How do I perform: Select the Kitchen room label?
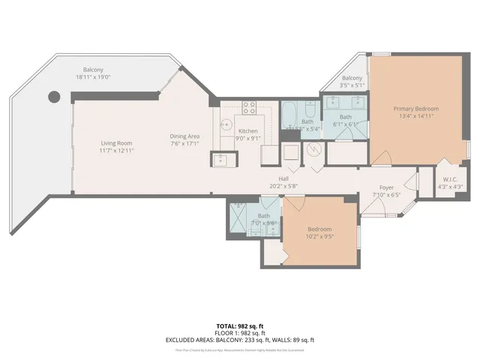[248, 130]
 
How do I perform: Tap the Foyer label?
[386, 187]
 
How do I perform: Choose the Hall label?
[284, 178]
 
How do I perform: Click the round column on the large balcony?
[54, 96]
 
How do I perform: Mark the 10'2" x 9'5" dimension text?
[319, 237]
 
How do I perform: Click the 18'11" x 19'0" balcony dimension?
[92, 76]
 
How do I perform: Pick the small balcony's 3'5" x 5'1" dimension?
[352, 86]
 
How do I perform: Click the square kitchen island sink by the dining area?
[220, 159]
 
